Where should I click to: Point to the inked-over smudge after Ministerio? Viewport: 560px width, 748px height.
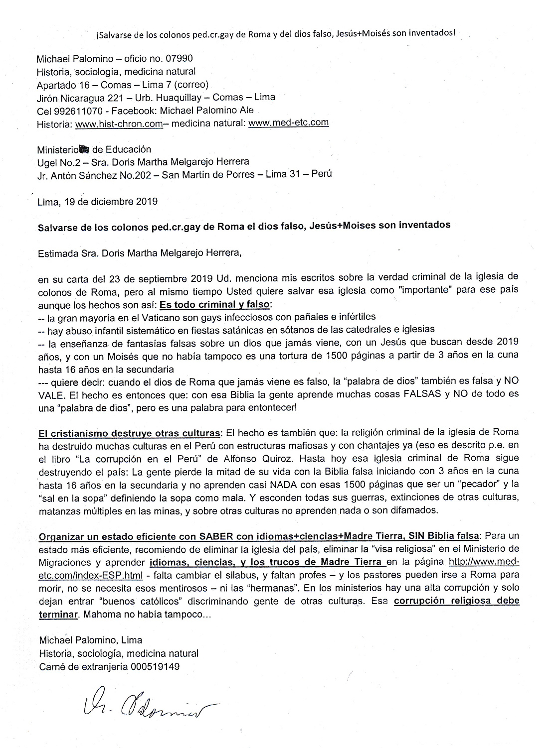[84, 149]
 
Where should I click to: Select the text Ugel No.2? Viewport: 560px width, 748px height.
[57, 162]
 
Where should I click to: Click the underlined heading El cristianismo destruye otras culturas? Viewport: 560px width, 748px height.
[129, 432]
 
